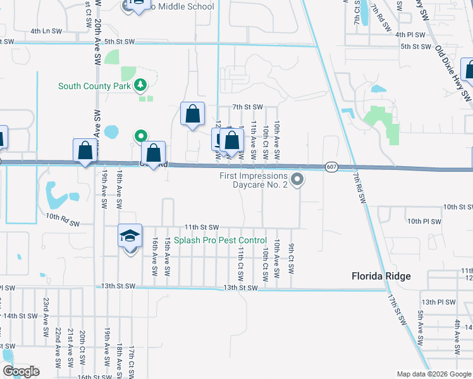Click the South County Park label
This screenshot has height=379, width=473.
[x=95, y=86]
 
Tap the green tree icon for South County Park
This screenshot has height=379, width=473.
[x=141, y=85]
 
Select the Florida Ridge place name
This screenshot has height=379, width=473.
[x=381, y=276]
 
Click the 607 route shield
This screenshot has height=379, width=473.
[x=331, y=167]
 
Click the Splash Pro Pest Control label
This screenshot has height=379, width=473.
[x=221, y=241]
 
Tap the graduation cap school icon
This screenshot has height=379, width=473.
[x=130, y=237]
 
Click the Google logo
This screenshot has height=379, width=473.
[x=21, y=371]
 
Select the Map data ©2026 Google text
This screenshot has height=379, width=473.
[x=434, y=374]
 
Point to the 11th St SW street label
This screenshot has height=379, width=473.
[x=201, y=227]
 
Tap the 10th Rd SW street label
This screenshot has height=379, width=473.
[x=62, y=220]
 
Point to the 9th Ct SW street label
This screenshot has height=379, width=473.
[x=292, y=258]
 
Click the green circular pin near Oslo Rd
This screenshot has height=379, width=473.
[x=141, y=136]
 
